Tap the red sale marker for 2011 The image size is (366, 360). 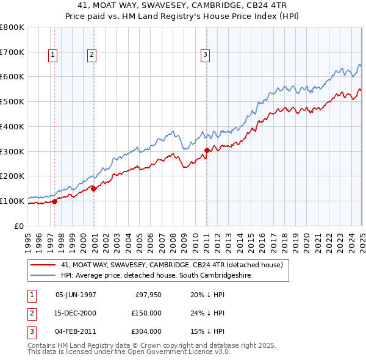[x=207, y=150]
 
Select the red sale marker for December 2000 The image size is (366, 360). [x=94, y=189]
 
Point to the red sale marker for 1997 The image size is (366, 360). [x=54, y=201]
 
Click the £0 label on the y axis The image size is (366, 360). [x=19, y=226]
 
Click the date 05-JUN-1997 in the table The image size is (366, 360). [x=76, y=295]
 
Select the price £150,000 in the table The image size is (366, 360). [x=145, y=313]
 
